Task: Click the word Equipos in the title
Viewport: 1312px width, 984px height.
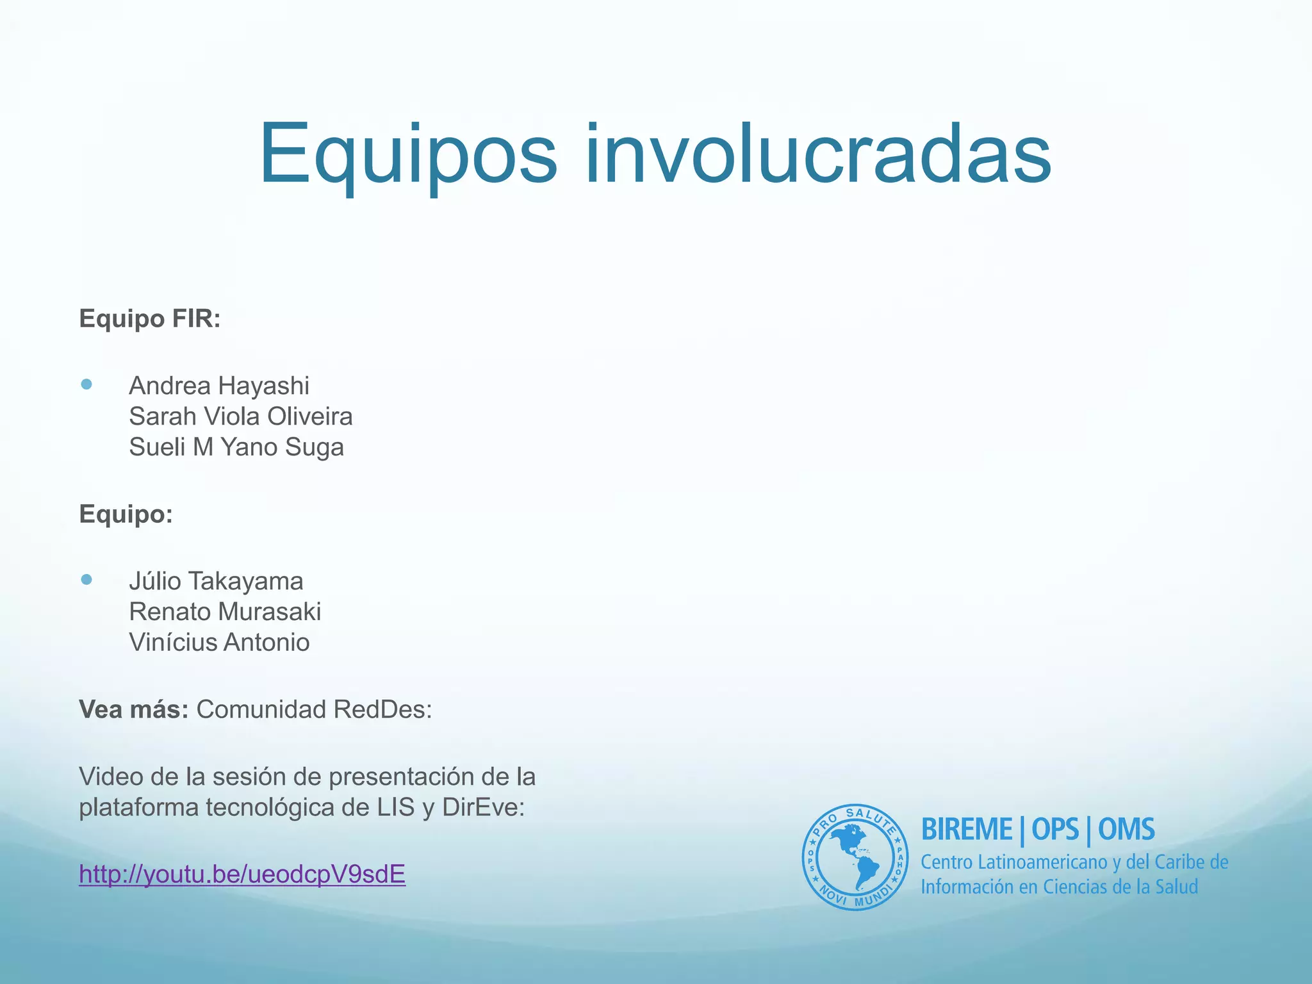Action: click(x=408, y=155)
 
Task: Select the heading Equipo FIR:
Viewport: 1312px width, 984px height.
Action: click(x=150, y=318)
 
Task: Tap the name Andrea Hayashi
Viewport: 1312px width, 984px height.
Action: click(x=219, y=386)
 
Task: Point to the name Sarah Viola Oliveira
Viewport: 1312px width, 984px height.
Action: click(x=241, y=416)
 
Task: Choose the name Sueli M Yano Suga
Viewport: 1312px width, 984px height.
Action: click(x=236, y=447)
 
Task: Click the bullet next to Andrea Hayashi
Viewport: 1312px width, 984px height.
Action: click(x=87, y=384)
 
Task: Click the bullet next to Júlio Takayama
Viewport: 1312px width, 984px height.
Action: click(x=87, y=580)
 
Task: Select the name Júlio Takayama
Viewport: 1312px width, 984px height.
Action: click(x=216, y=581)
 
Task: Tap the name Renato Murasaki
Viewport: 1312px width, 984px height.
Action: click(x=225, y=612)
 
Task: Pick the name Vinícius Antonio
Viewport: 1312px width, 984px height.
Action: click(x=219, y=643)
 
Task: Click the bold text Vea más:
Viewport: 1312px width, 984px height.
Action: click(x=133, y=709)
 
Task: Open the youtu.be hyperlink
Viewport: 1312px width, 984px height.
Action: click(x=242, y=874)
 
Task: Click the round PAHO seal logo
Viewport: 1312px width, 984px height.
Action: click(x=855, y=857)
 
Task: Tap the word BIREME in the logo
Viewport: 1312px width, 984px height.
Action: click(x=967, y=830)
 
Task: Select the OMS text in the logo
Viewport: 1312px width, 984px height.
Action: click(x=1126, y=830)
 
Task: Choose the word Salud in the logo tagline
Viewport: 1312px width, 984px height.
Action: click(x=1176, y=887)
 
